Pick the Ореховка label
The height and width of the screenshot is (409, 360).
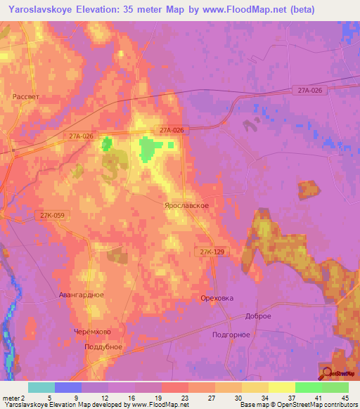(217, 298)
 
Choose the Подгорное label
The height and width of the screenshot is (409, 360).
(231, 335)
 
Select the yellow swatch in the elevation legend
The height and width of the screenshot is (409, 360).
(281, 387)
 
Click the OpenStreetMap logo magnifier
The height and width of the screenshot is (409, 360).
(326, 373)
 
